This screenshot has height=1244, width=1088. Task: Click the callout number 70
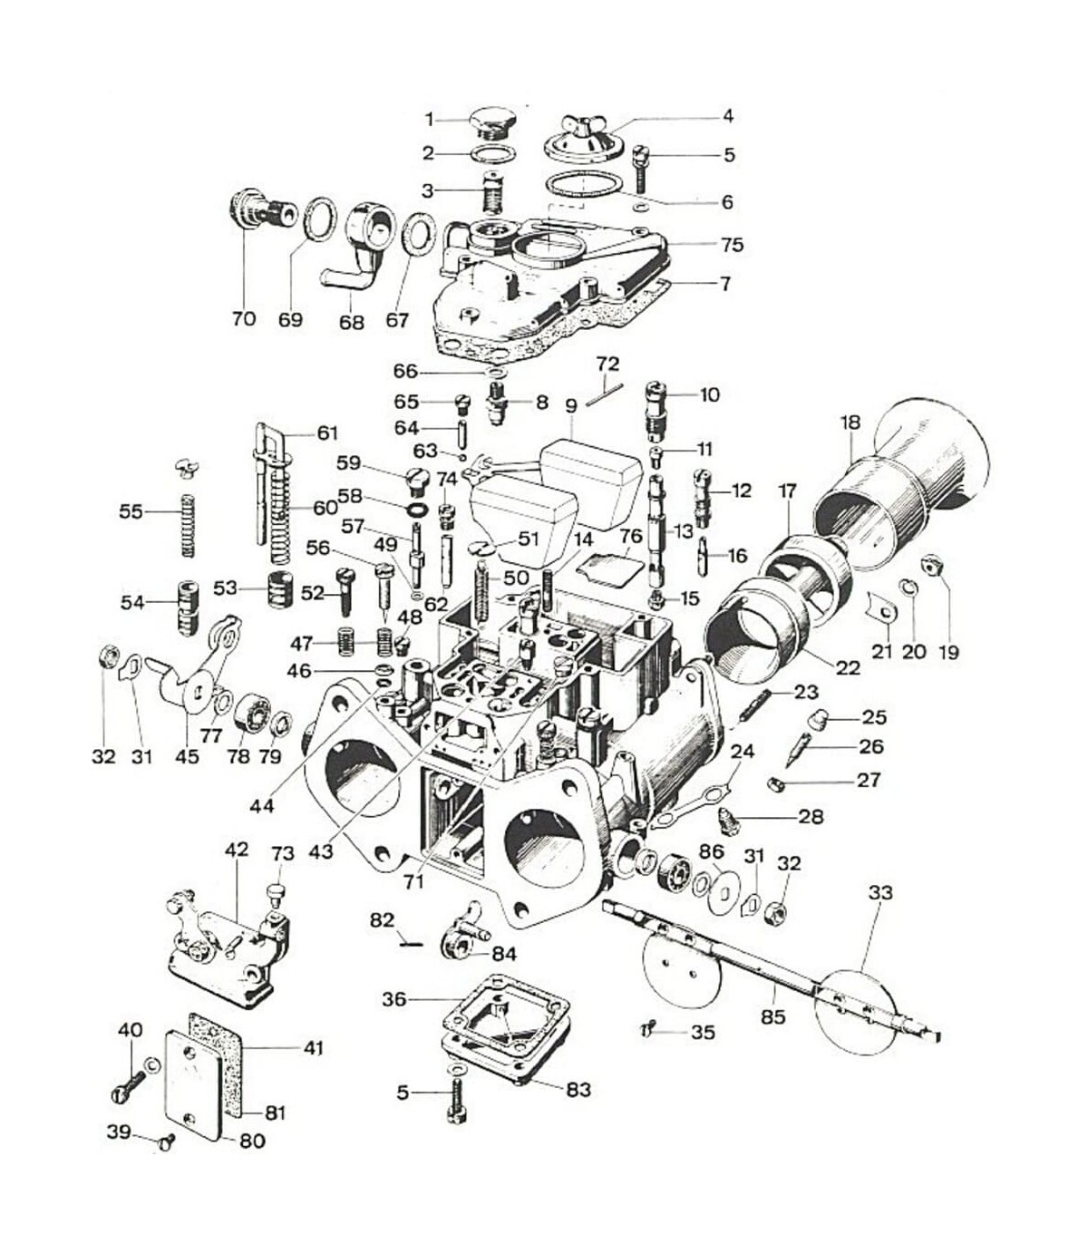click(244, 319)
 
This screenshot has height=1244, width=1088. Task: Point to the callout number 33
click(880, 892)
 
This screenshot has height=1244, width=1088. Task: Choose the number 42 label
click(236, 850)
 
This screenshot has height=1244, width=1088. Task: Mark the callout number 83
click(578, 1089)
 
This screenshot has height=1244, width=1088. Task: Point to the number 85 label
click(772, 1017)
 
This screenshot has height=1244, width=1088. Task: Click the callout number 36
click(394, 999)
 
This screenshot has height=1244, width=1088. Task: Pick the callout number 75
click(732, 245)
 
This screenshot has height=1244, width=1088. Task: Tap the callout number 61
click(326, 433)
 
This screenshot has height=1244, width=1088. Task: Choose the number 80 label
click(252, 1141)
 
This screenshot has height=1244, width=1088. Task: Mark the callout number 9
click(570, 406)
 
